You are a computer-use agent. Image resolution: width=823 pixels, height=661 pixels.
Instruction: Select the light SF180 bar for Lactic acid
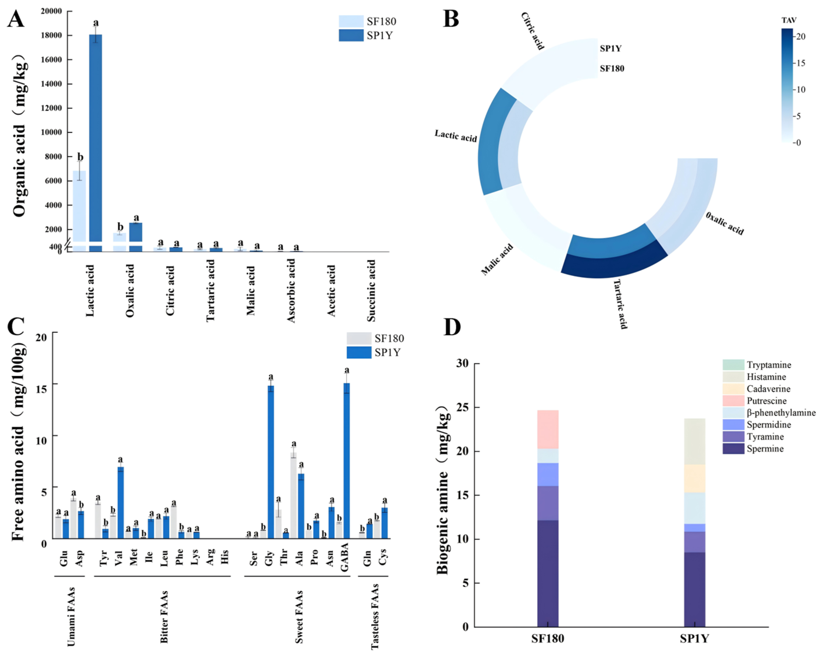click(79, 206)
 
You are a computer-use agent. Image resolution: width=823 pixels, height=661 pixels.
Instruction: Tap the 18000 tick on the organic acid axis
click(52, 35)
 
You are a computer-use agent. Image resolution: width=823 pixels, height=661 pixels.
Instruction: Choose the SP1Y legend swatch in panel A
click(351, 35)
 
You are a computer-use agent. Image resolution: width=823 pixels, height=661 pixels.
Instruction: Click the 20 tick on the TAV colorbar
click(801, 37)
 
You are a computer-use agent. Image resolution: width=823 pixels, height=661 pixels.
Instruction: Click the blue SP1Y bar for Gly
click(271, 462)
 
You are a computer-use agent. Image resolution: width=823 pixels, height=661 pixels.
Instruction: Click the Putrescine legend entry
click(767, 401)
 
